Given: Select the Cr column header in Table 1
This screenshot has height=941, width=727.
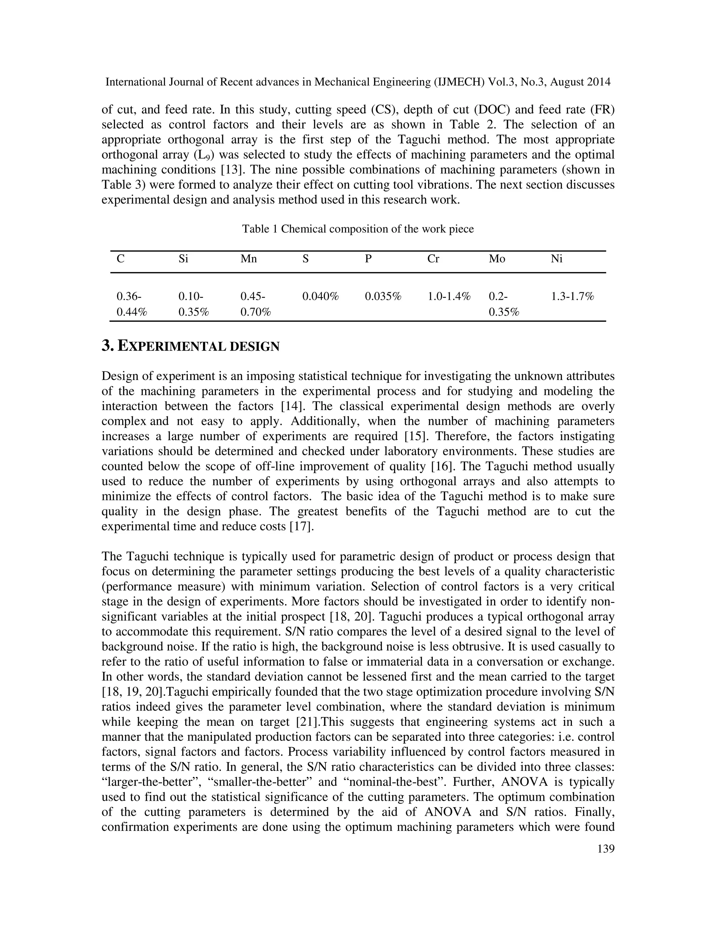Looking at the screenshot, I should (x=433, y=259).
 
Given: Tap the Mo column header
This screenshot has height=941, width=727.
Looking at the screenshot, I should (x=497, y=259).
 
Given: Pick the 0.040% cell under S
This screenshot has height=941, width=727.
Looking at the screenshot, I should (x=321, y=297).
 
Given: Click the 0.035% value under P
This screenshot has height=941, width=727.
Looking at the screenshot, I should (x=383, y=297).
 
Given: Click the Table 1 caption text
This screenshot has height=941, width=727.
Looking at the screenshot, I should (x=358, y=229).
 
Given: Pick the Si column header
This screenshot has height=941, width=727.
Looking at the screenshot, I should (x=183, y=259).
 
